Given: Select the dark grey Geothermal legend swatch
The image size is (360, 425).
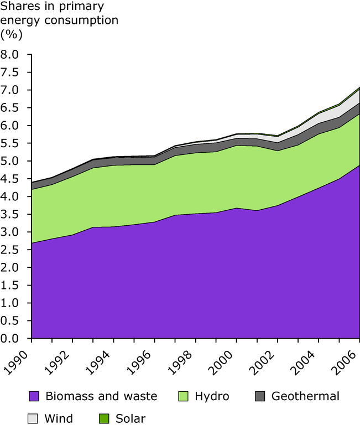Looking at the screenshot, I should click(260, 396).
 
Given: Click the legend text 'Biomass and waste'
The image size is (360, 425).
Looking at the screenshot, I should click(101, 396).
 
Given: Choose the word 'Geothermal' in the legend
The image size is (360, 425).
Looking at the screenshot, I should click(305, 396).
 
